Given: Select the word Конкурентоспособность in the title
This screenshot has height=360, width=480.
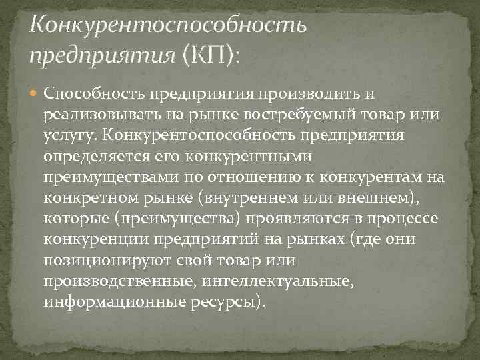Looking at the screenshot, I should click(x=169, y=25).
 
